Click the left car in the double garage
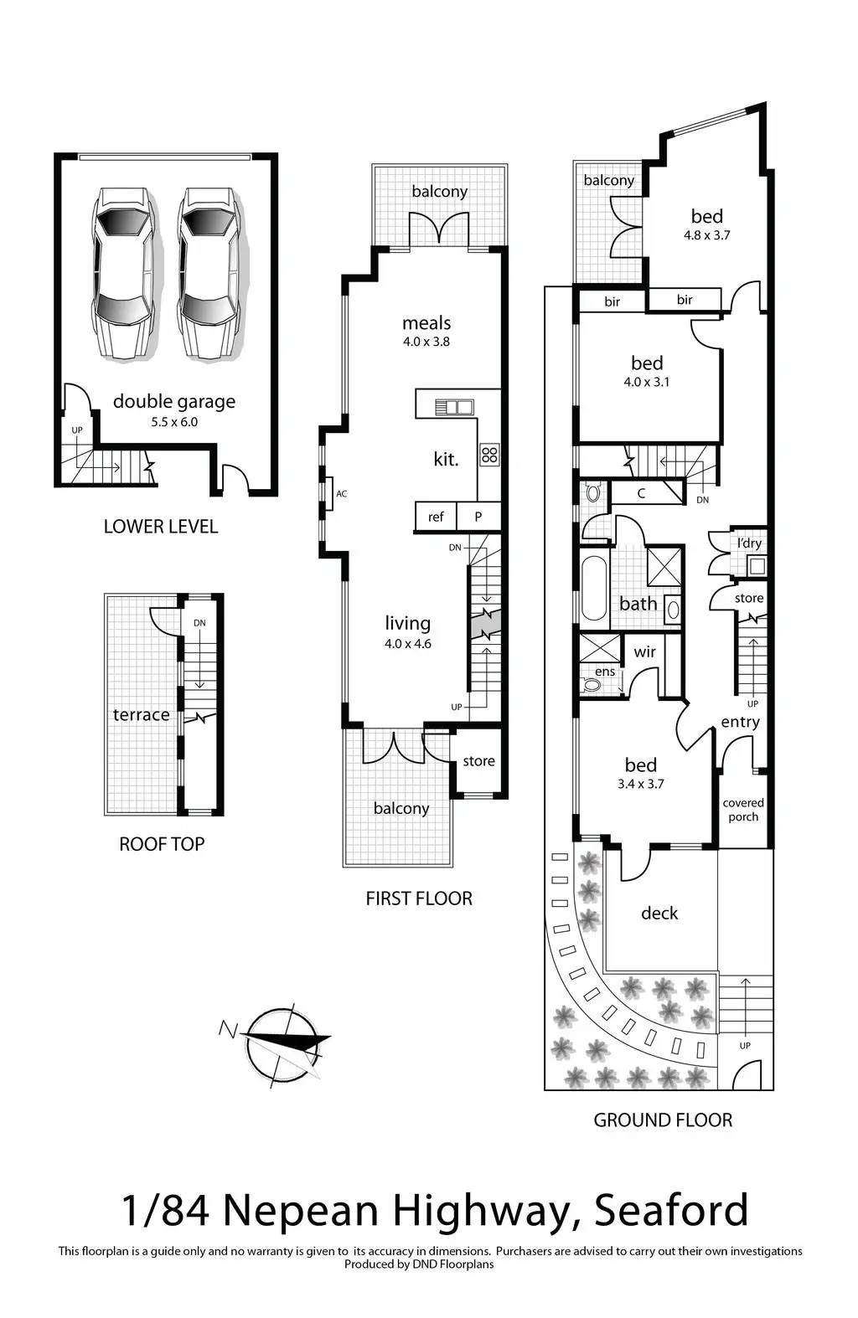point(122,273)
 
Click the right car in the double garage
point(208,273)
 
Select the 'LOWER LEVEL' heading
point(160,527)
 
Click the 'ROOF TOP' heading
point(162,844)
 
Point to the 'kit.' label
point(446,459)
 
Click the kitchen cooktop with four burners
point(489,455)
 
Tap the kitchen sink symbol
point(453,407)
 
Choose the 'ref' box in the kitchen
point(436,517)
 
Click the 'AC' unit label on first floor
point(341,494)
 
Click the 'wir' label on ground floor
point(644,651)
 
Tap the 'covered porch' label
point(743,810)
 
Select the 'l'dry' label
point(749,543)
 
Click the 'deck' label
point(659,913)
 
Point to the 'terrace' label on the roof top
point(142,714)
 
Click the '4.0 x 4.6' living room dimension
point(408,644)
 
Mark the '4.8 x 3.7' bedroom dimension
point(706,235)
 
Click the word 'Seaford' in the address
point(670,1211)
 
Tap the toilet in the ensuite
point(592,685)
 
